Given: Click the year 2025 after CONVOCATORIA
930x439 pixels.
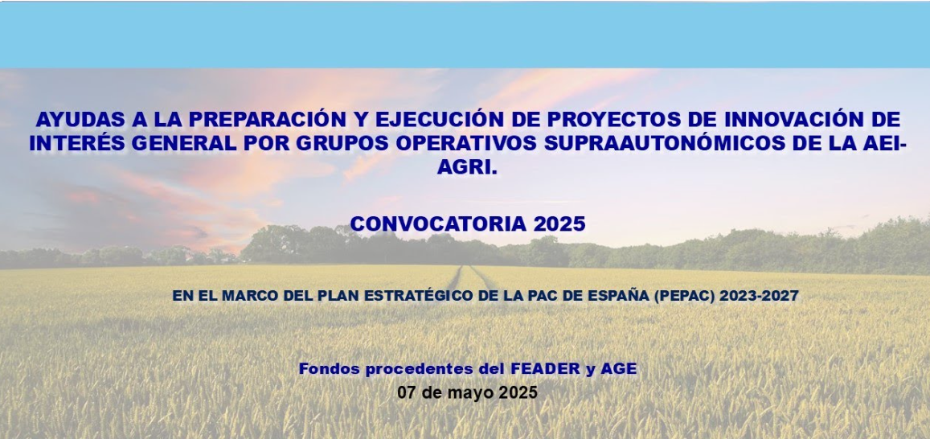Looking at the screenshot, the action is [x=559, y=224].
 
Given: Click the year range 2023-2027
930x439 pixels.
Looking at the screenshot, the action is [x=759, y=296].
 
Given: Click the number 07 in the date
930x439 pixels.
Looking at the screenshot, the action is [x=407, y=392].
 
